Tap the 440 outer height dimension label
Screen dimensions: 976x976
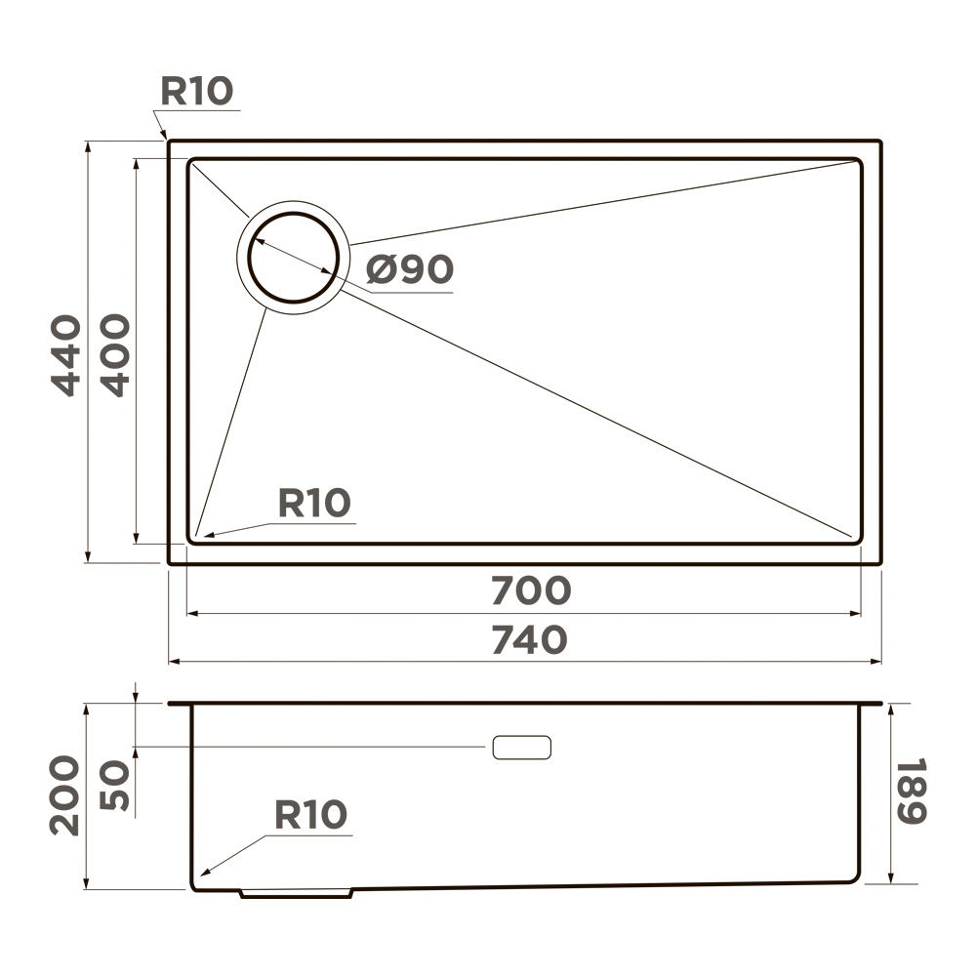tap(66, 354)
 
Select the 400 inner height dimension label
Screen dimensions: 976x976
tap(115, 354)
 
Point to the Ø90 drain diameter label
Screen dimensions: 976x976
tap(410, 269)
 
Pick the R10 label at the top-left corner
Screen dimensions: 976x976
tap(197, 91)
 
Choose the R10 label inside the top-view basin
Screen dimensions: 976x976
tap(314, 504)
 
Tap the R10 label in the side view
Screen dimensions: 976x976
tap(310, 814)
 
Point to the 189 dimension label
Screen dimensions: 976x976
tap(911, 791)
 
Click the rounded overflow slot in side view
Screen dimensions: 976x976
tap(522, 748)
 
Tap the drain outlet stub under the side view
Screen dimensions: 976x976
tap(296, 892)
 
